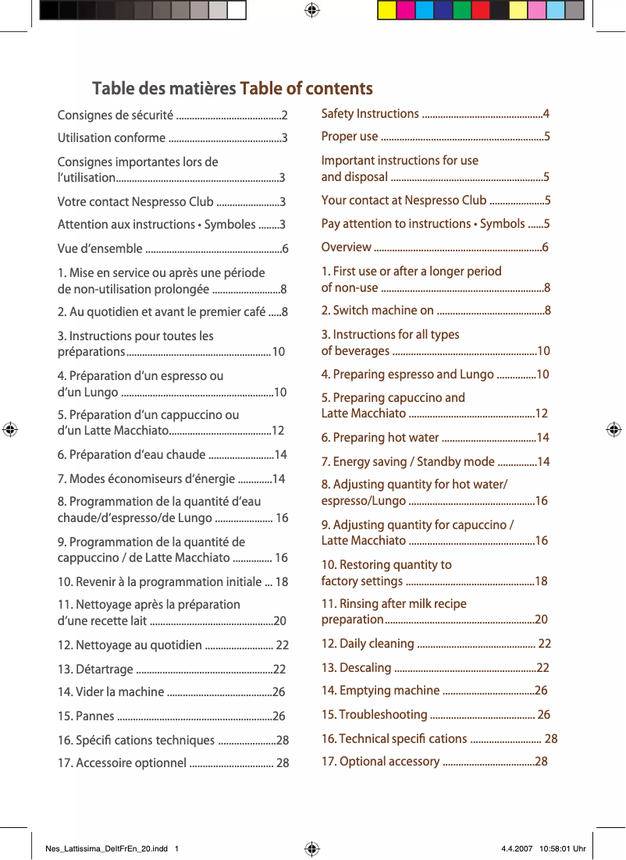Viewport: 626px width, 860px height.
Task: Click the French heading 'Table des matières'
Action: (x=164, y=88)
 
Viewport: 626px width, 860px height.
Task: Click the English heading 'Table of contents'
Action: (x=306, y=88)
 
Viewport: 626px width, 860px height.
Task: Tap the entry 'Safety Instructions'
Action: (x=370, y=114)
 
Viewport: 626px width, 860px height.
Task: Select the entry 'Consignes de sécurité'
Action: (x=116, y=116)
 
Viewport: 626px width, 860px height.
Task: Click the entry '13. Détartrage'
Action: (x=95, y=670)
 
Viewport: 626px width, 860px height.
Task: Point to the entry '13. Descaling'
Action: (x=357, y=668)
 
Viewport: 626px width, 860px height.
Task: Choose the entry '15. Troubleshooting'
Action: (x=375, y=715)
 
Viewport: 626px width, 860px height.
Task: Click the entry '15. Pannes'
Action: (x=86, y=716)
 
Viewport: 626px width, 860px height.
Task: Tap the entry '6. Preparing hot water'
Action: (x=380, y=438)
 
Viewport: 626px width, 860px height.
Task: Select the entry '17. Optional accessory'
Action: (x=380, y=762)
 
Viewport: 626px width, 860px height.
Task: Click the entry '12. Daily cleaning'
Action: (x=368, y=644)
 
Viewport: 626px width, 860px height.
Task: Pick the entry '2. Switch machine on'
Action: (x=378, y=311)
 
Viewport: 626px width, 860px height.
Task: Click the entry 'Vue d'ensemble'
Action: (x=100, y=249)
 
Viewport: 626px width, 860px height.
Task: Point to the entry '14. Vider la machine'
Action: (x=111, y=692)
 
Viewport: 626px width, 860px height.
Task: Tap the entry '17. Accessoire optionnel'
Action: (x=122, y=763)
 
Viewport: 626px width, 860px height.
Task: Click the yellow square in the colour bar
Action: (x=386, y=10)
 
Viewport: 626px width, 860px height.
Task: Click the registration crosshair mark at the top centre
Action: (x=311, y=10)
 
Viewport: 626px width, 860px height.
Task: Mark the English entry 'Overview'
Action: (x=347, y=247)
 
